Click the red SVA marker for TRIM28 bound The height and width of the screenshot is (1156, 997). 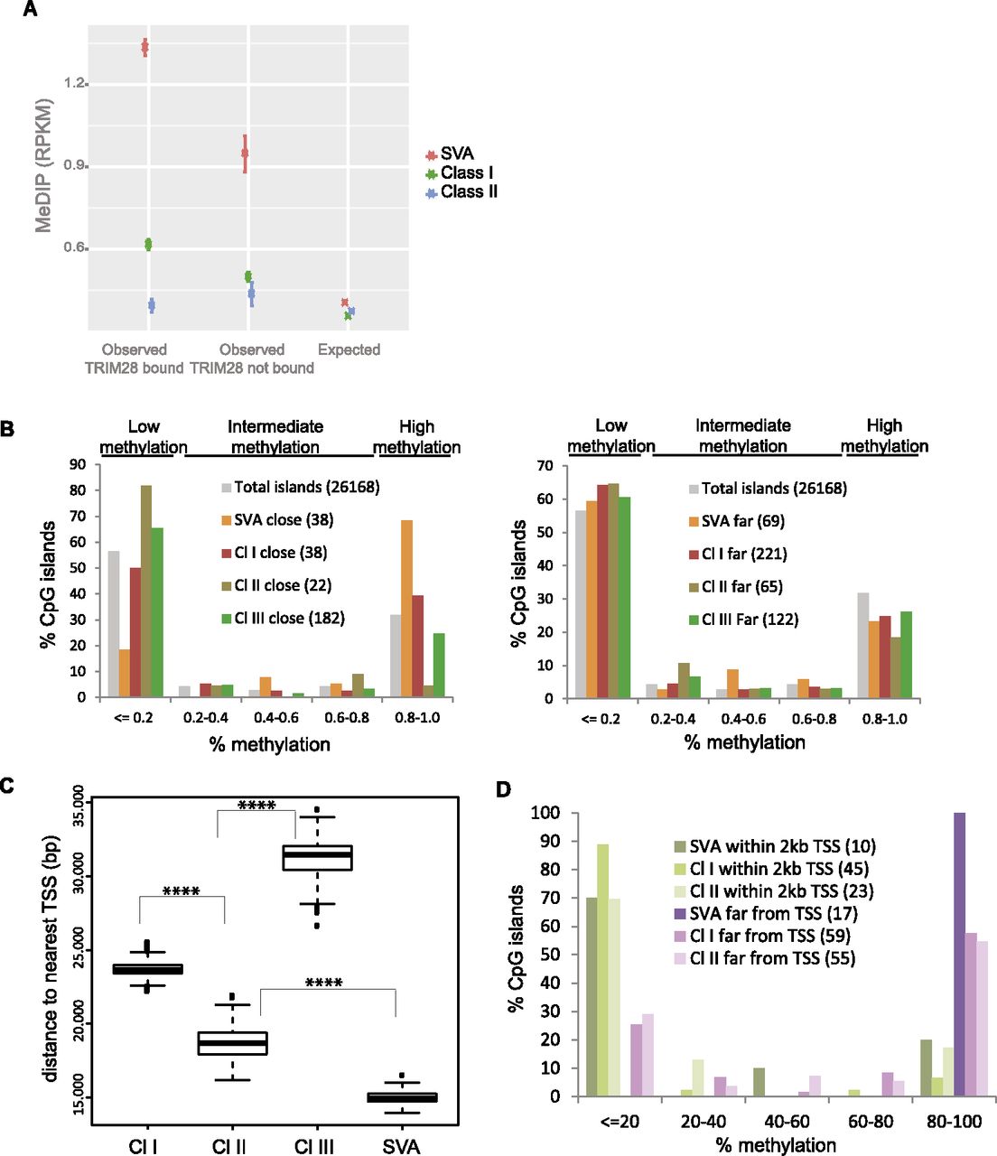pos(144,47)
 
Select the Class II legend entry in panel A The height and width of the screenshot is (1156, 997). pos(461,191)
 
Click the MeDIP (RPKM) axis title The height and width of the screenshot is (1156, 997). pos(43,165)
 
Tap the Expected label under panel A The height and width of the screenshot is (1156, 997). pos(349,350)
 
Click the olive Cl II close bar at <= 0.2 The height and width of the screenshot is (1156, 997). pos(145,591)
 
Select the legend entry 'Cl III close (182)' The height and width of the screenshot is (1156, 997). pos(283,619)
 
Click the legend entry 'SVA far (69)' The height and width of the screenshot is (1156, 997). pos(735,521)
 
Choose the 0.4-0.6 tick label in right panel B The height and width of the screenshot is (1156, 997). pos(744,719)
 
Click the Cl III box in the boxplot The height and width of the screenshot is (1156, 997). pos(317,857)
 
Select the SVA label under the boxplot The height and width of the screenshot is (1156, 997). pos(401,1146)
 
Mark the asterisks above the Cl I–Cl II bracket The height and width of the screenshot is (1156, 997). pos(181,892)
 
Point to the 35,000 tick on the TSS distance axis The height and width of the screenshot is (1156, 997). pos(78,806)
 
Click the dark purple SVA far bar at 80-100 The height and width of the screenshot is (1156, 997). pos(959,954)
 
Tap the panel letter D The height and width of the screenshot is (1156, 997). pos(503,790)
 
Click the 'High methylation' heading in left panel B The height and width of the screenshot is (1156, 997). pos(416,436)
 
